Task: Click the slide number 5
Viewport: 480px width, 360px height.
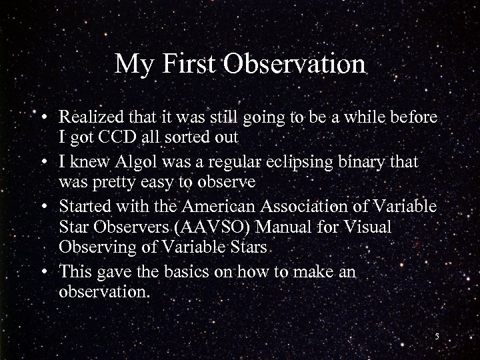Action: pyautogui.click(x=437, y=336)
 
